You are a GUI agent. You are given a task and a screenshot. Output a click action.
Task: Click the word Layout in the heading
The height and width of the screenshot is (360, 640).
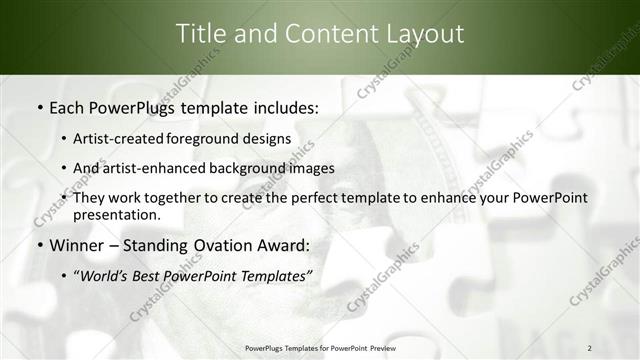421,33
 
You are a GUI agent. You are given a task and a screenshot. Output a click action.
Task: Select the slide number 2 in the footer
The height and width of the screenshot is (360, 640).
590,347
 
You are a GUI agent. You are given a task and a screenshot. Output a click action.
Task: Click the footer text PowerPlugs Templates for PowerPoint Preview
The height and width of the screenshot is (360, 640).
319,347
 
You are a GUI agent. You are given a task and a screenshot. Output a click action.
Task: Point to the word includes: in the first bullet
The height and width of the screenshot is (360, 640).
282,106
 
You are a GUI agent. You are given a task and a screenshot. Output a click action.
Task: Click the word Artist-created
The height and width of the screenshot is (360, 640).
120,138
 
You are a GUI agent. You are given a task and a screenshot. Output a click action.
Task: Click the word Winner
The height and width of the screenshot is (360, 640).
73,244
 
